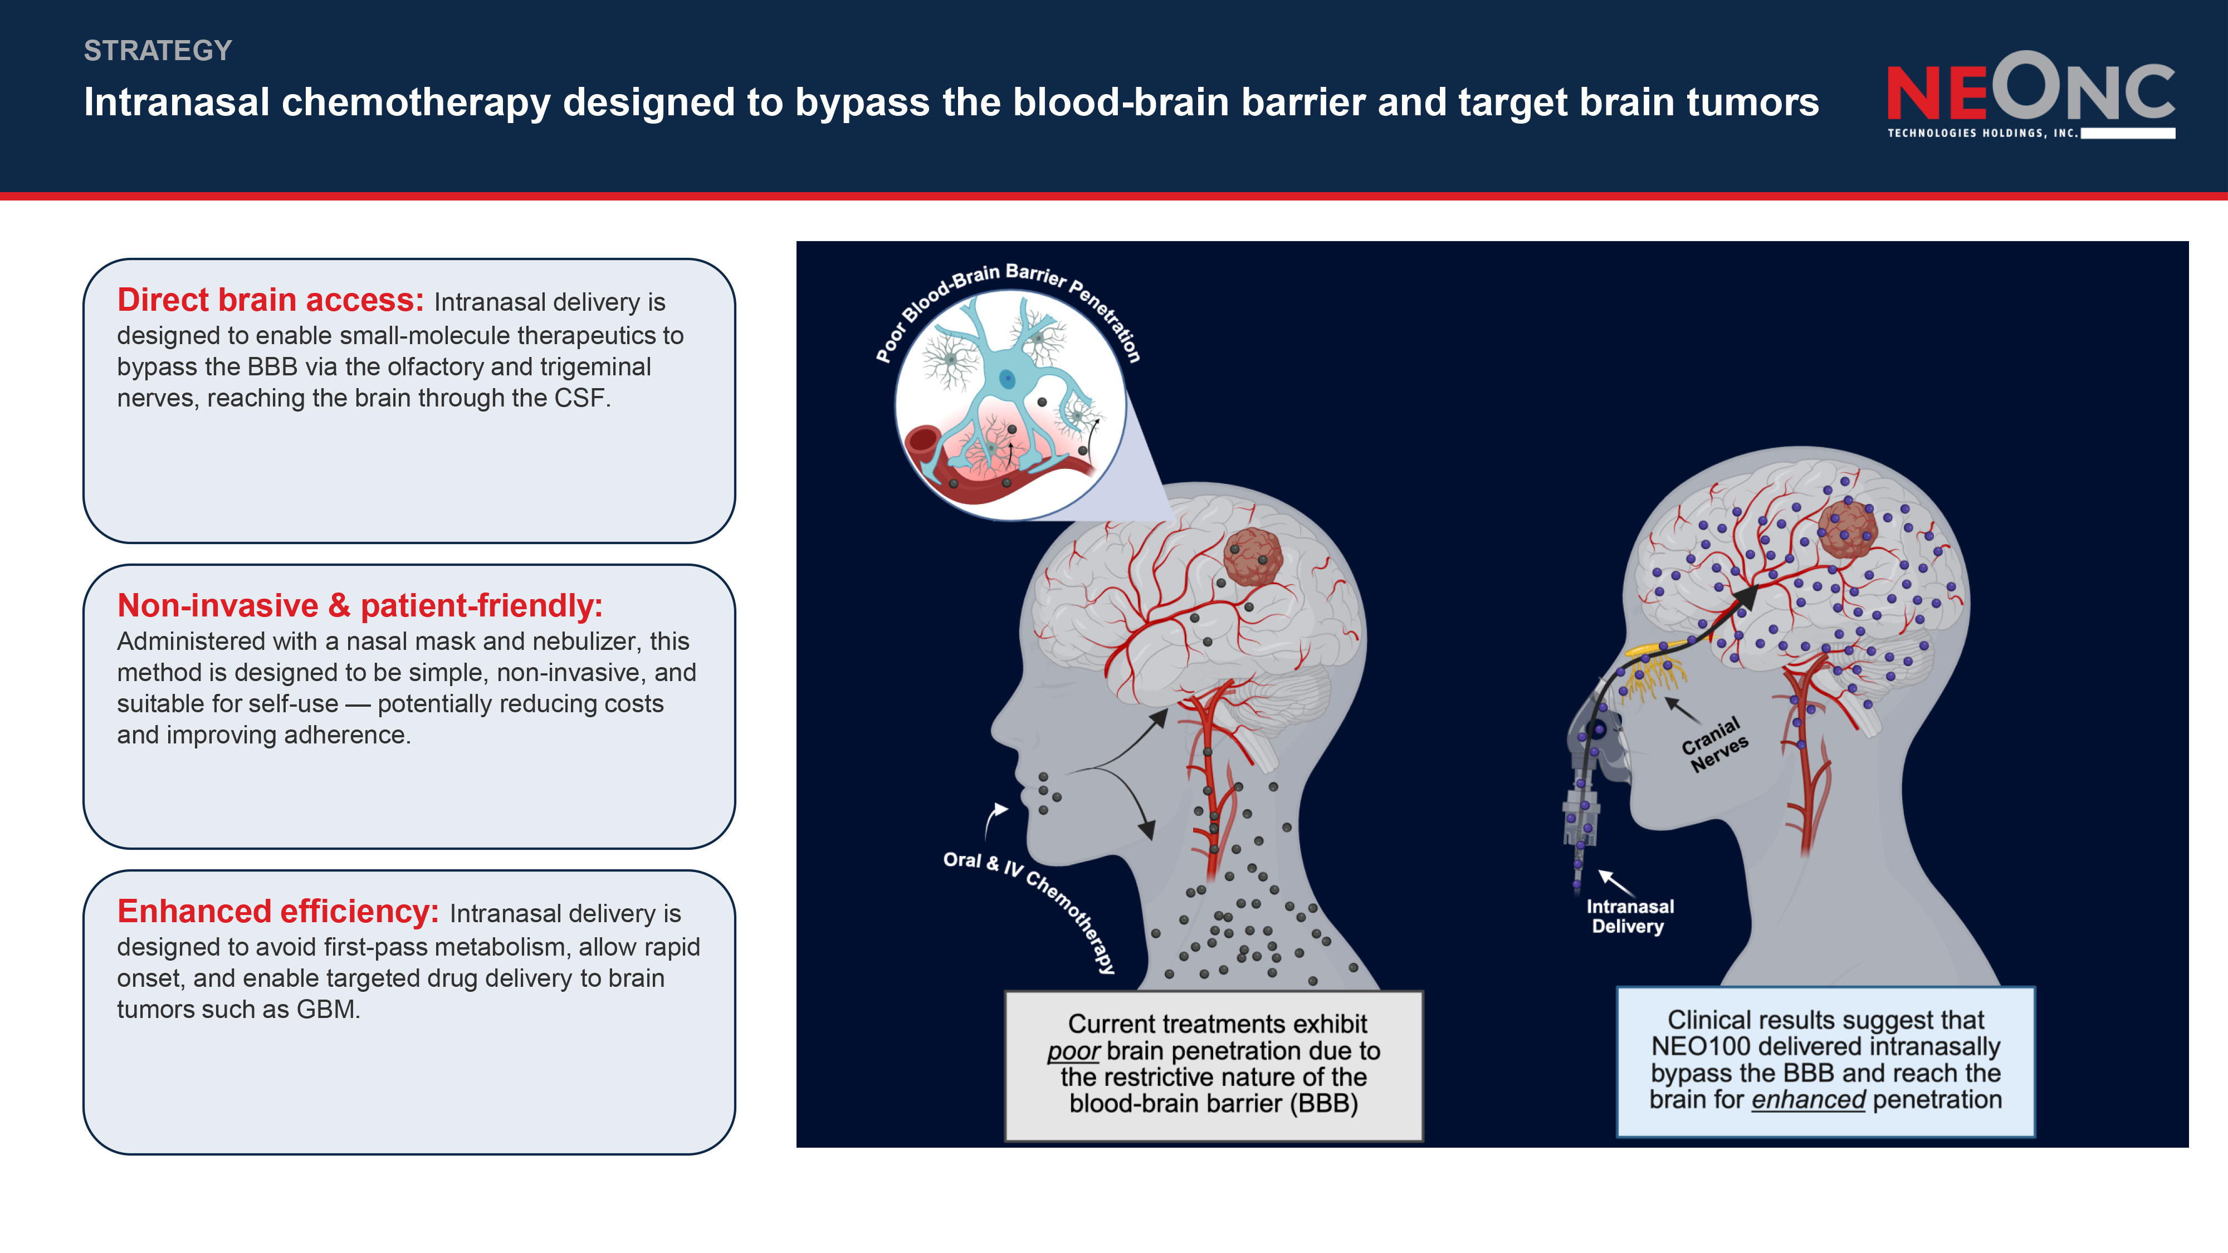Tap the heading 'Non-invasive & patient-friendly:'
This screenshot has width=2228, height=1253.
(x=360, y=605)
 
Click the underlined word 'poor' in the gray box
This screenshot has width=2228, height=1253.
(x=1073, y=1051)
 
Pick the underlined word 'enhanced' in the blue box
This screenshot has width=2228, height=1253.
(x=1809, y=1100)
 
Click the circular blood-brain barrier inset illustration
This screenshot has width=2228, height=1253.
(x=1010, y=405)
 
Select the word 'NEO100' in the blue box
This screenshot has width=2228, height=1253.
(x=1701, y=1047)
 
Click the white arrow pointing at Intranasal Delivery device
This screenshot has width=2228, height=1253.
(x=1616, y=883)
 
